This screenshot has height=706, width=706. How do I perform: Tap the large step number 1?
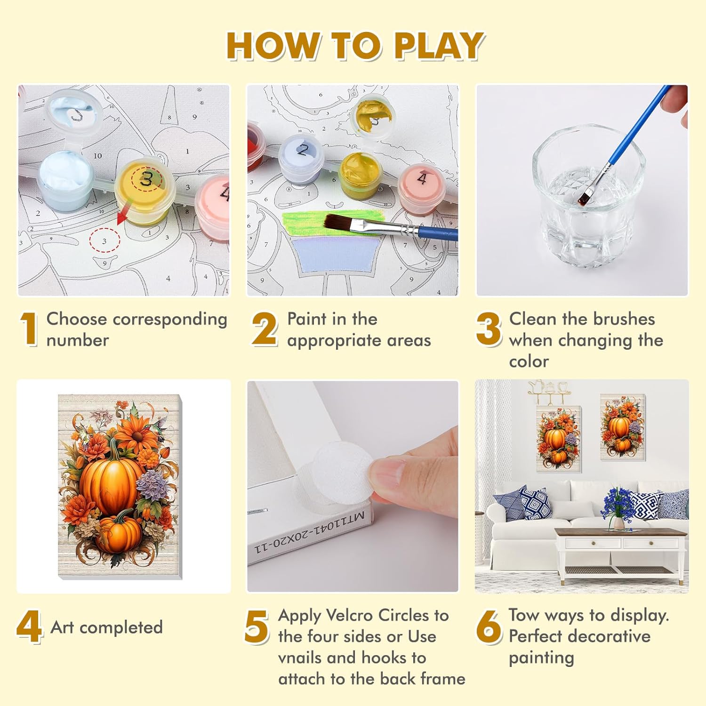click(29, 329)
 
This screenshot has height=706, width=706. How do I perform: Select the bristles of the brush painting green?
click(342, 222)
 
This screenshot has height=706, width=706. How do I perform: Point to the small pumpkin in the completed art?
click(120, 532)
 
